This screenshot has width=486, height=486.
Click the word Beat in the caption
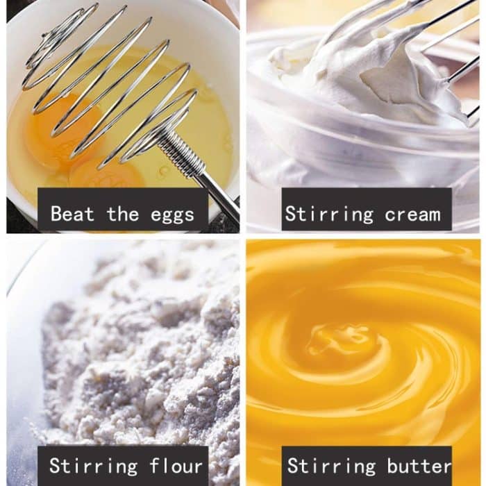tap(72, 213)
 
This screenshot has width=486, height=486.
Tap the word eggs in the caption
tap(172, 215)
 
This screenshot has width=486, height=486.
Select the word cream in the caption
tap(412, 215)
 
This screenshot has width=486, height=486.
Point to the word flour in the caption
tap(176, 465)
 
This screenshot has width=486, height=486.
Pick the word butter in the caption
tap(419, 465)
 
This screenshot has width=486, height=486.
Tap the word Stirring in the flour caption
tap(93, 466)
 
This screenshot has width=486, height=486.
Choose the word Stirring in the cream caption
tap(329, 214)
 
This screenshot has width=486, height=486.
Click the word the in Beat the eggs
tap(123, 213)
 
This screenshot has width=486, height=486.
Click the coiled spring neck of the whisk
tap(182, 153)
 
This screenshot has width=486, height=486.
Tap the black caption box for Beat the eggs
tap(123, 209)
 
